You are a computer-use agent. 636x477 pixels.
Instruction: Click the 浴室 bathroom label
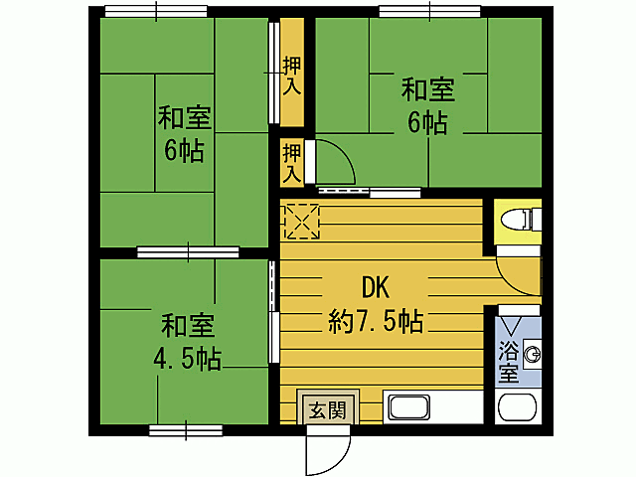coord(508,362)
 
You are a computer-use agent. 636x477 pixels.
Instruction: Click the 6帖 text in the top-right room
coord(428,123)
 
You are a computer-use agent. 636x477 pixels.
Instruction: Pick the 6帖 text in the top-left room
coord(184,152)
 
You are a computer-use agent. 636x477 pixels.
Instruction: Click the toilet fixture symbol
coord(519,219)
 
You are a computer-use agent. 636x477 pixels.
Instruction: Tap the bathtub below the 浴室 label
coord(517,409)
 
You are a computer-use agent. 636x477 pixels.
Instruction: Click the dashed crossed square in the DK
coord(301,221)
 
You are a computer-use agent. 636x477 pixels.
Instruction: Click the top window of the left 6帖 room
coord(155,13)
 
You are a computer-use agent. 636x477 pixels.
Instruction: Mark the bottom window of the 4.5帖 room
coord(186,430)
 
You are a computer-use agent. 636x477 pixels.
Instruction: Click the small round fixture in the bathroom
coord(533,351)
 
